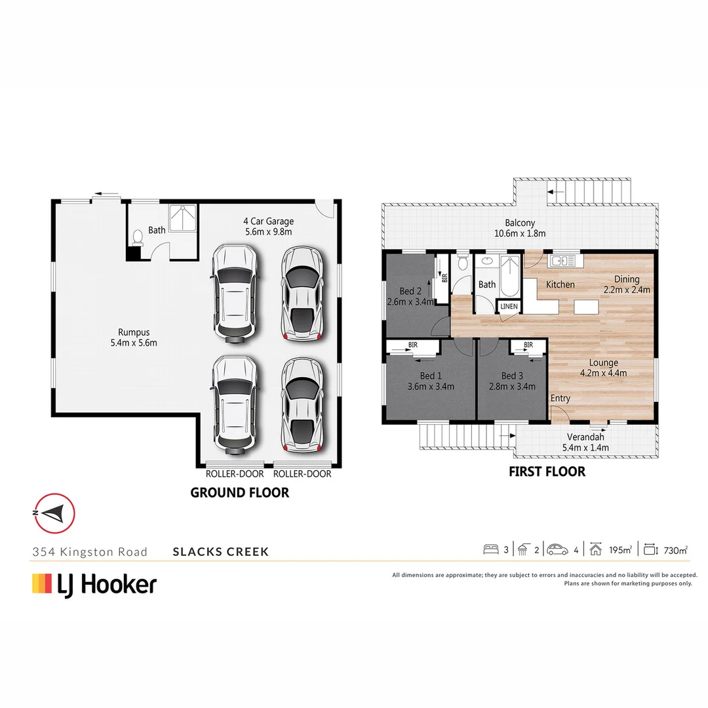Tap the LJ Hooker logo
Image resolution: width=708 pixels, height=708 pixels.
click(x=94, y=583)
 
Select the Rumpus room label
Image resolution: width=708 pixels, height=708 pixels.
click(x=134, y=332)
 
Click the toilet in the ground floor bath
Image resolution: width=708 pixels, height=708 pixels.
click(x=137, y=237)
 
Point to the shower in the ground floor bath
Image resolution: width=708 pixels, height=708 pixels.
click(x=183, y=218)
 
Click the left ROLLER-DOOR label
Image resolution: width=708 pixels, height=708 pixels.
click(x=235, y=474)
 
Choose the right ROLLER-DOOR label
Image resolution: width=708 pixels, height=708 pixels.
click(x=302, y=474)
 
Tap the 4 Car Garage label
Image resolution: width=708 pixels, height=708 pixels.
click(x=268, y=221)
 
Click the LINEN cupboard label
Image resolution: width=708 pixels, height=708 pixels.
click(x=509, y=306)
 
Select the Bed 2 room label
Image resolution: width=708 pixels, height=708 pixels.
click(x=410, y=291)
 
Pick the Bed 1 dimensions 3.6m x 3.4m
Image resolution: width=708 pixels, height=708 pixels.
click(x=430, y=386)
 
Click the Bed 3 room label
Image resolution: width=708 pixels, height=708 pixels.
click(x=512, y=376)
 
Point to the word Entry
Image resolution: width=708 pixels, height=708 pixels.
click(x=560, y=398)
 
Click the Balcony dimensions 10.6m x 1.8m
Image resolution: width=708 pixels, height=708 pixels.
click(x=520, y=233)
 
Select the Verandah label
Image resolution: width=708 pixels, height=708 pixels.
click(x=585, y=437)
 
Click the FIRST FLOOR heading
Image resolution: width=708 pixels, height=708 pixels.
click(x=547, y=471)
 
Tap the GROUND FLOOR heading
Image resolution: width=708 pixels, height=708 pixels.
click(x=239, y=492)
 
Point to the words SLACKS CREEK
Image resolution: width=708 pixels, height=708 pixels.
click(x=220, y=551)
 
